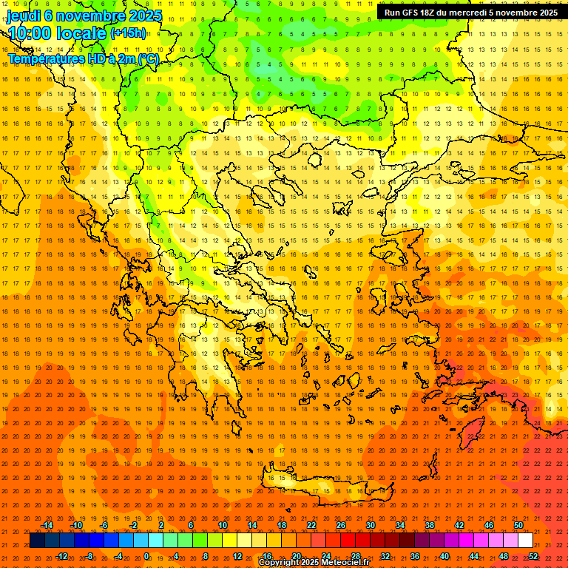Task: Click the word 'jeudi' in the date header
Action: point(24,16)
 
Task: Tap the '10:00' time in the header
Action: point(29,33)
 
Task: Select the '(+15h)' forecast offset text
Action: point(127,33)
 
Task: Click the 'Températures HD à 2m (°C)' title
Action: point(83,58)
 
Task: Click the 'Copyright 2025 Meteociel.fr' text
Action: point(314,563)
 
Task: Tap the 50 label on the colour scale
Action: point(518,525)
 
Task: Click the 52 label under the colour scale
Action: point(533,556)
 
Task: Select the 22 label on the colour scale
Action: point(311,525)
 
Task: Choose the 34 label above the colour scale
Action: point(400,525)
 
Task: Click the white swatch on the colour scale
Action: point(526,541)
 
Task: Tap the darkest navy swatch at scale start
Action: point(38,541)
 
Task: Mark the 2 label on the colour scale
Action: point(160,525)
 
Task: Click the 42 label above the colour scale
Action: point(459,525)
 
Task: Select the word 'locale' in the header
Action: point(81,33)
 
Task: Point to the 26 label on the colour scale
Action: point(341,525)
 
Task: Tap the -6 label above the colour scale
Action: point(104,525)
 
